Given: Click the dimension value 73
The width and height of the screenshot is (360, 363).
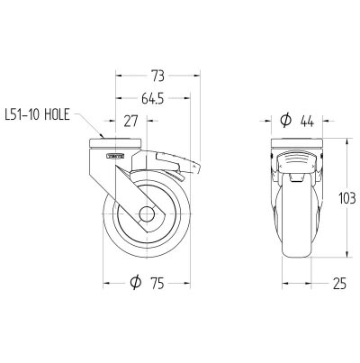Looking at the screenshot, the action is tap(157, 77).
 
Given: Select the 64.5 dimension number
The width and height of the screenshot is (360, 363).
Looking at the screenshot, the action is tap(153, 98).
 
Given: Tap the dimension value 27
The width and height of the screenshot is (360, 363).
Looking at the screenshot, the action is tap(131, 121).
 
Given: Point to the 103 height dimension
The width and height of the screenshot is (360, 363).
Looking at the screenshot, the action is tap(347, 198).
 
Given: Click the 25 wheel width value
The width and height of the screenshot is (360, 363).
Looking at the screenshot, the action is tap(339, 283).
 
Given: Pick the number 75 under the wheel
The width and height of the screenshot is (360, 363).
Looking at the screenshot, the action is tap(157, 283).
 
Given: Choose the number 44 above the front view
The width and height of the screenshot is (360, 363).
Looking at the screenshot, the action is tap(307, 122).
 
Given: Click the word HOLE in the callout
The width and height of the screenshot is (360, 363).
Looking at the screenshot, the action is tap(57, 114).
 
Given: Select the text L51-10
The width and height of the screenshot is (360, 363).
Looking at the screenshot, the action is tap(22, 114).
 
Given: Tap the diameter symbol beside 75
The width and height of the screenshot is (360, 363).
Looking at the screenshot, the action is tap(136, 282).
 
